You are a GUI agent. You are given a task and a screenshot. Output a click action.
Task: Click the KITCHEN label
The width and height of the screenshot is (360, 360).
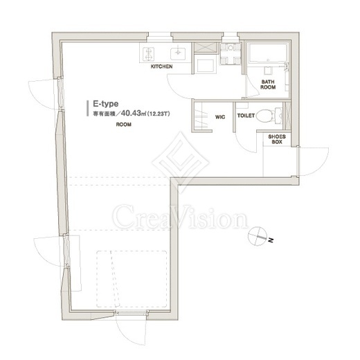(x=161, y=66)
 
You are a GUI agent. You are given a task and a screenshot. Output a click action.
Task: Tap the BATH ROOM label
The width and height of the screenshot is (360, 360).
(x=268, y=84)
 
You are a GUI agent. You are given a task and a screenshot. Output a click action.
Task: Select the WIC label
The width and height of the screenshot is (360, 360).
(x=220, y=117)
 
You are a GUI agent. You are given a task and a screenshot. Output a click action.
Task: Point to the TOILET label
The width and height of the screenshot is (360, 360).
(x=246, y=116)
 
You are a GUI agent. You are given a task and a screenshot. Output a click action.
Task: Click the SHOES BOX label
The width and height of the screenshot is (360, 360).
(x=277, y=139)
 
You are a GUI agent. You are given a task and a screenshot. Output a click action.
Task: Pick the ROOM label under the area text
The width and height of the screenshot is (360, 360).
(x=124, y=125)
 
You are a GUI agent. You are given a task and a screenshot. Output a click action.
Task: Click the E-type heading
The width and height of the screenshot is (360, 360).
(x=106, y=104)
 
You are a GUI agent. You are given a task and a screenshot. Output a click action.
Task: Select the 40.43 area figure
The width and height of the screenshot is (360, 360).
(x=131, y=114)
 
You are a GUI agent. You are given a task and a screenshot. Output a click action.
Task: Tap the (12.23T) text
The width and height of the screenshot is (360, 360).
(x=159, y=114)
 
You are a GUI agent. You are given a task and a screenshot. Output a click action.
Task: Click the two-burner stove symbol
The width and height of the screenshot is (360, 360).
(x=148, y=54)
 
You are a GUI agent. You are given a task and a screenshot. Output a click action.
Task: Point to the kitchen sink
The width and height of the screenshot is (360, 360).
(x=178, y=53)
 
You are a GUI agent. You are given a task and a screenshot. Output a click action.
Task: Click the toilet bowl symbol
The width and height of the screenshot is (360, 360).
(x=269, y=116)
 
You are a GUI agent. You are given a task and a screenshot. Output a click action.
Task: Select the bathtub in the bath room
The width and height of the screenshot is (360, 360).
(x=268, y=53)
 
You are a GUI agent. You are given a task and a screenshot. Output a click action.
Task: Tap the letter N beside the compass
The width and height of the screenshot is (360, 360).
(x=271, y=240)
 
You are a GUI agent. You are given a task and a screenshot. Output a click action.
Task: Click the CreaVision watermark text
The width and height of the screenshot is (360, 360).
(x=180, y=217)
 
